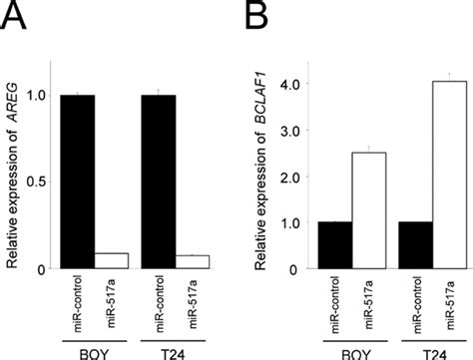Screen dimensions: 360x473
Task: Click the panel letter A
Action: pos(14,18)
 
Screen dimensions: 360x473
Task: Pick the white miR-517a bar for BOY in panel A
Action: pos(110,261)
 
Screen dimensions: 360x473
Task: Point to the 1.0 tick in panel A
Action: pos(43,97)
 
